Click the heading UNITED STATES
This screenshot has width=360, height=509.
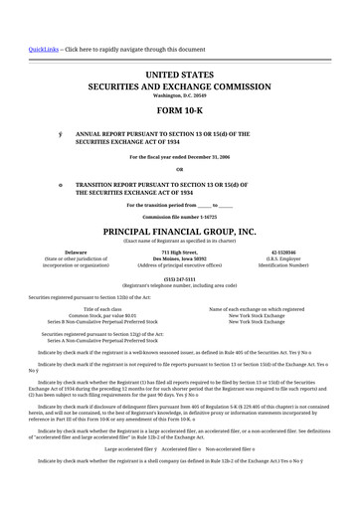(180, 75)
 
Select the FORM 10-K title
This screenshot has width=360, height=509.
(180, 110)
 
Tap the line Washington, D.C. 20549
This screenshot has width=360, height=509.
(180, 94)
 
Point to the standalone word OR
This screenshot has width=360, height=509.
(180, 169)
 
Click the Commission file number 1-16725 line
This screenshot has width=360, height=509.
(180, 215)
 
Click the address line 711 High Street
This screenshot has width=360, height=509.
(180, 254)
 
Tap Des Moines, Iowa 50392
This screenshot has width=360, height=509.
(180, 259)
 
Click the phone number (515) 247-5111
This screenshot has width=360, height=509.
(180, 278)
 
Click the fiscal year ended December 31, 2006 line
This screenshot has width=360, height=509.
(180, 157)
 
